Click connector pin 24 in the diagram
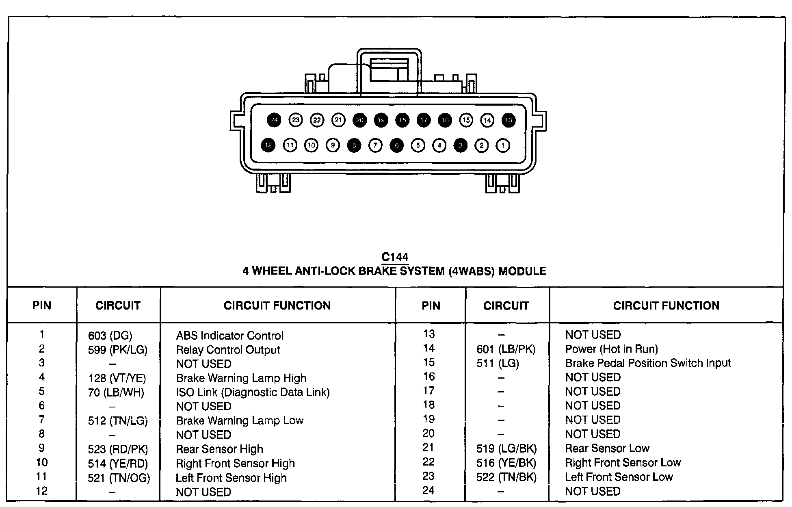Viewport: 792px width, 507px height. click(274, 120)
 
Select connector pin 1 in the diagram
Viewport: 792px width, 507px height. click(503, 145)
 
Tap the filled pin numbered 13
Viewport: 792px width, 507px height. click(509, 120)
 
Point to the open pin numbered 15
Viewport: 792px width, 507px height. click(466, 120)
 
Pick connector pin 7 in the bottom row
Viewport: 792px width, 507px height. click(375, 145)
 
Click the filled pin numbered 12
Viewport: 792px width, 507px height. click(268, 145)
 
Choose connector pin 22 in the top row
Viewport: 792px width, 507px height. click(317, 120)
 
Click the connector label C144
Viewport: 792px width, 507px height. click(395, 257)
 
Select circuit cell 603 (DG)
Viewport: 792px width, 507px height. click(110, 336)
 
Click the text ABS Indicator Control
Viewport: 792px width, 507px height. click(229, 336)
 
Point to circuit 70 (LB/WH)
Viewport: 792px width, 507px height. click(116, 392)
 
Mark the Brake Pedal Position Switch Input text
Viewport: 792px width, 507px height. click(648, 363)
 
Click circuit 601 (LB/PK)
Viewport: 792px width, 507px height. click(506, 349)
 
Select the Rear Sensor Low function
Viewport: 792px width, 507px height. click(607, 448)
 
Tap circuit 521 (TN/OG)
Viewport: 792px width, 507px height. click(119, 478)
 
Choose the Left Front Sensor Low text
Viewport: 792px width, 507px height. click(619, 477)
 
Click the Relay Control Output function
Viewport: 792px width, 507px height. click(228, 350)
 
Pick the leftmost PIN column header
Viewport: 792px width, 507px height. click(42, 305)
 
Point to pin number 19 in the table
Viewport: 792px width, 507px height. click(428, 419)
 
